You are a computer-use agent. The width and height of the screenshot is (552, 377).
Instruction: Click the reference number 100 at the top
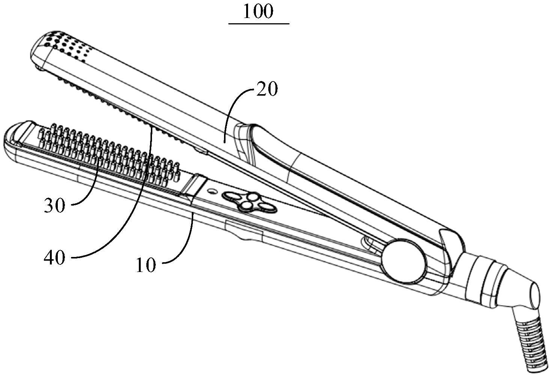(x=258, y=12)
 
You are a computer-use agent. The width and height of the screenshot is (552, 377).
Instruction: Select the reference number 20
(x=266, y=90)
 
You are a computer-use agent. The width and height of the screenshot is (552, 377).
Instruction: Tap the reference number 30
(x=54, y=206)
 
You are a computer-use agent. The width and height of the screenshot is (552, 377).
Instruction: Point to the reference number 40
(x=54, y=258)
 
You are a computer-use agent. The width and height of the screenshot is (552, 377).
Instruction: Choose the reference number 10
(x=146, y=265)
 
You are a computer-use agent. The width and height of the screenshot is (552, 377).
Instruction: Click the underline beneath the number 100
(x=259, y=24)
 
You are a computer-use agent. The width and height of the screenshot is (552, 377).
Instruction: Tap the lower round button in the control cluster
(x=246, y=205)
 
